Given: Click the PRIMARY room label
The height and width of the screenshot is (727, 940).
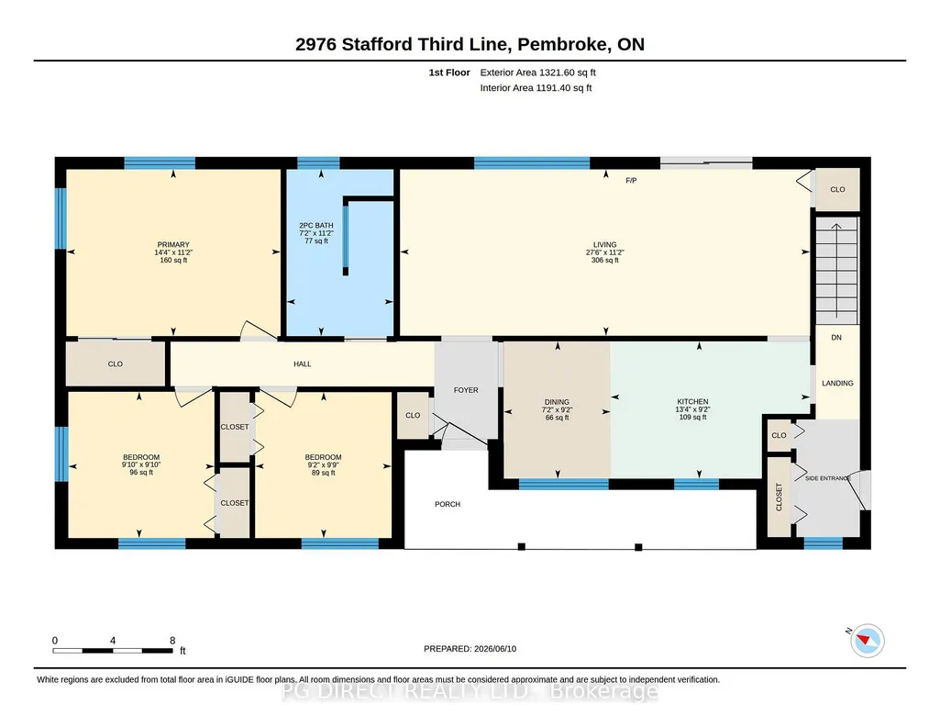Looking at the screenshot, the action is [173, 245].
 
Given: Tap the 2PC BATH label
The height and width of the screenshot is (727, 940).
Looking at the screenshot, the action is [315, 226].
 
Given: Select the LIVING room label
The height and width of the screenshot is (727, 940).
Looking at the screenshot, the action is [605, 245].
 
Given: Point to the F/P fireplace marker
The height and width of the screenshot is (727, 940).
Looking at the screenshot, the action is [631, 181].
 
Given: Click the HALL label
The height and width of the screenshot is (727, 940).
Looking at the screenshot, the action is [302, 364].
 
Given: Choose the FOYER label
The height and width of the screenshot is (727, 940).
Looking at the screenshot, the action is [466, 390].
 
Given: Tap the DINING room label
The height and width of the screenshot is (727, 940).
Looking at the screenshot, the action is [557, 402].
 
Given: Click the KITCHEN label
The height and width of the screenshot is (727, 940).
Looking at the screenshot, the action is [692, 402].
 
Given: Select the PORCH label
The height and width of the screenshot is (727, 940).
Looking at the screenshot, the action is [448, 505].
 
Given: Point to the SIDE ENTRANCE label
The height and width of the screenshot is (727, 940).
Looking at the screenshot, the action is [827, 478].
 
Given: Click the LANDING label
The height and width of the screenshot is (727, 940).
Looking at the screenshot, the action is [837, 384].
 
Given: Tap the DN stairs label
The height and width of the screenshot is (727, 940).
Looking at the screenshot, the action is [836, 338].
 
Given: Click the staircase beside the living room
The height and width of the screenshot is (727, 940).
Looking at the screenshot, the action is [837, 271].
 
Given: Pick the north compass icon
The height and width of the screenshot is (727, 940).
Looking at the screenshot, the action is [867, 641].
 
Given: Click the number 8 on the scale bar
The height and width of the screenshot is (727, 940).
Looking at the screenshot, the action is [172, 641].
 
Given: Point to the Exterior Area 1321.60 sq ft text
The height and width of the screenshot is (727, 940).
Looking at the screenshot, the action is [537, 73].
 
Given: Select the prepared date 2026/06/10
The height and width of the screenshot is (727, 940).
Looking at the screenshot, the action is [495, 649].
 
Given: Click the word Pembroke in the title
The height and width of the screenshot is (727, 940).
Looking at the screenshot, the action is [560, 44].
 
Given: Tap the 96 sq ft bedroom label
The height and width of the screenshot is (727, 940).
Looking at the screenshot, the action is [141, 473].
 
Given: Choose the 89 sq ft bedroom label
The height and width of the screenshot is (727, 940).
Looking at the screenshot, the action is [323, 473].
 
